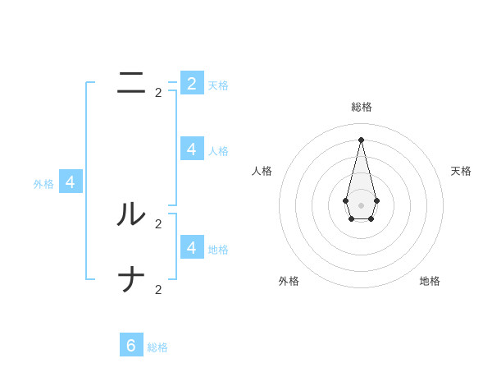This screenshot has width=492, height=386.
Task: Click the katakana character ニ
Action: [132, 83]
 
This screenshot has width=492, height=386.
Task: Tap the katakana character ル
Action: [132, 214]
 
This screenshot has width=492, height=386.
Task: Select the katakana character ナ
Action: [132, 280]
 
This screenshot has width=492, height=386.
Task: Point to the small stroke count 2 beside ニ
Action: [158, 93]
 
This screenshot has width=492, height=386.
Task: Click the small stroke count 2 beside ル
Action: [158, 224]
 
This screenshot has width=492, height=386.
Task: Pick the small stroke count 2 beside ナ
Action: [158, 290]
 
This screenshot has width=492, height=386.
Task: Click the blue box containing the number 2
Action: [192, 83]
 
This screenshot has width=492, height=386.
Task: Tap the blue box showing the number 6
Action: [131, 345]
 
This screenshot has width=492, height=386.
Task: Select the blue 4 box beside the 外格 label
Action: [71, 182]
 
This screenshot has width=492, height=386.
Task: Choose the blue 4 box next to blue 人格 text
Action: [192, 149]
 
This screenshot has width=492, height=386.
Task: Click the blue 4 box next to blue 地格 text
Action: [192, 246]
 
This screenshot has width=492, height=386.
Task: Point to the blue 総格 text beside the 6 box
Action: [157, 347]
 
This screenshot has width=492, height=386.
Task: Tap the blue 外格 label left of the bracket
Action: [43, 185]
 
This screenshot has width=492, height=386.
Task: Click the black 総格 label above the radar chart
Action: [362, 107]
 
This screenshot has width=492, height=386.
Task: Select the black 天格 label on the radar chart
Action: [461, 171]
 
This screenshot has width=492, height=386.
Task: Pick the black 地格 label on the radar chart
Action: [430, 281]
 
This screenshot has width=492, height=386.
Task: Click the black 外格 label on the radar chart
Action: [289, 281]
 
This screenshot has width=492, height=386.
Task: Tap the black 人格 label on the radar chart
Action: [262, 171]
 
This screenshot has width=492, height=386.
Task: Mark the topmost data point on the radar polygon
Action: [361, 139]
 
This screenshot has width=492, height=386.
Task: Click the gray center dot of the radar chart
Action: [361, 204]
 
